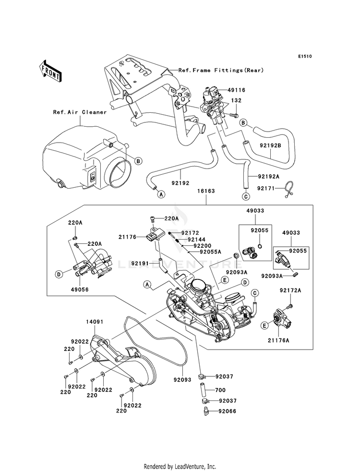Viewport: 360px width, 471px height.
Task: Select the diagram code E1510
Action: (305, 56)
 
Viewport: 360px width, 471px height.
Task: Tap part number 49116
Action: (236, 90)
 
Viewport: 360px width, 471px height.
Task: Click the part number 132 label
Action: (236, 100)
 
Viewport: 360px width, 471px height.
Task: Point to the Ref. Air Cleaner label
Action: (80, 112)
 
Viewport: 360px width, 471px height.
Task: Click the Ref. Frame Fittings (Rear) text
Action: (221, 70)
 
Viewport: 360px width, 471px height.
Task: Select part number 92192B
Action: (270, 145)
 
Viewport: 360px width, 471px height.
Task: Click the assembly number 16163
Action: (206, 191)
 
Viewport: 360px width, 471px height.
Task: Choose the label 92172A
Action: (290, 290)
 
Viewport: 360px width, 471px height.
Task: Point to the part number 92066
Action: (228, 411)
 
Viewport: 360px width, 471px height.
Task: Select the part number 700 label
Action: (220, 390)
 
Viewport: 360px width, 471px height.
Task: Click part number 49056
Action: (80, 290)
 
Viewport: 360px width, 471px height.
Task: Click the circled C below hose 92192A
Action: (246, 197)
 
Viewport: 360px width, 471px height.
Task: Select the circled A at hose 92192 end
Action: (161, 194)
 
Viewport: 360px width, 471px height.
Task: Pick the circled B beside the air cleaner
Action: (138, 161)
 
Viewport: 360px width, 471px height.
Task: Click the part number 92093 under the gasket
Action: (182, 380)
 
